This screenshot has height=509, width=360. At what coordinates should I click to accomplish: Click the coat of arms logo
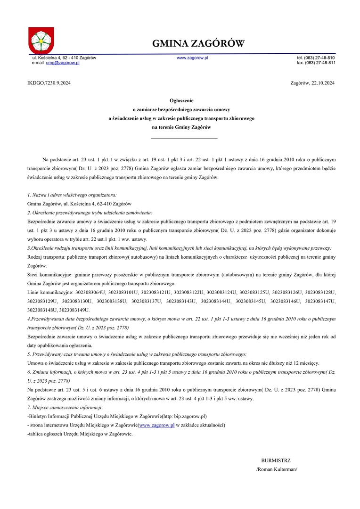click(41, 40)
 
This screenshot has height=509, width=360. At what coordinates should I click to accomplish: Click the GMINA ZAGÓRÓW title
click(198, 44)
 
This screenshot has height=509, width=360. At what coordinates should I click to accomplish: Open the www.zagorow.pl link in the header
click(192, 57)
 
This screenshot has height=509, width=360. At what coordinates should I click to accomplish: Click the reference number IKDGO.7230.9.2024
click(49, 83)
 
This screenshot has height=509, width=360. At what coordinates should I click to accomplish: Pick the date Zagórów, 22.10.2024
click(313, 83)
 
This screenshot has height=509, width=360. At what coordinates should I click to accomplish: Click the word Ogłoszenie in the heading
click(181, 100)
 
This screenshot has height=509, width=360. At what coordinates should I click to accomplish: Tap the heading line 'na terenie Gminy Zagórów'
click(181, 127)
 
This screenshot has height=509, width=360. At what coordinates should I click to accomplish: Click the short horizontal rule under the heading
click(184, 138)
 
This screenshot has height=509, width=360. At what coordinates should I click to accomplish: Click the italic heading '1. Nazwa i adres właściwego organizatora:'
click(72, 195)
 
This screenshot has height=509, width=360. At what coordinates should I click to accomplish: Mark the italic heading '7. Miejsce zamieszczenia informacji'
click(65, 407)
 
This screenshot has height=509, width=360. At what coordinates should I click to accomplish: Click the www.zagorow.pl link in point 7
click(157, 425)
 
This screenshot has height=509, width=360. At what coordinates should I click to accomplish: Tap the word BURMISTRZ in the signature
click(276, 460)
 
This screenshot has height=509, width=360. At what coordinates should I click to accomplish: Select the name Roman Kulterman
click(277, 469)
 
